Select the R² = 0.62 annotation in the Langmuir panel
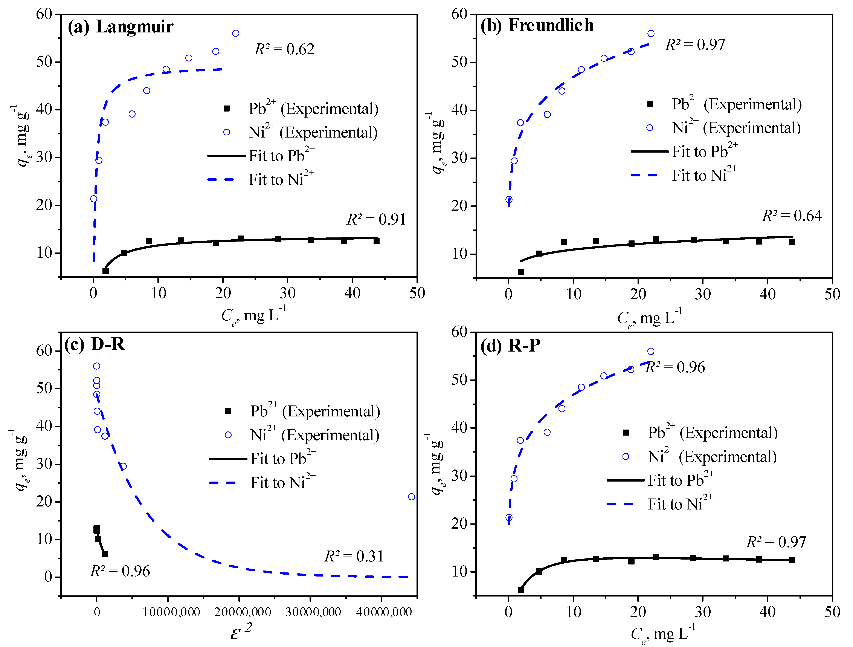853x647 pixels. click(284, 49)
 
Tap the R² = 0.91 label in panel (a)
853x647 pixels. click(376, 220)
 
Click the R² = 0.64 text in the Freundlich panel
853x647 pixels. click(792, 216)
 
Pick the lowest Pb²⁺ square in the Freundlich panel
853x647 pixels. click(521, 272)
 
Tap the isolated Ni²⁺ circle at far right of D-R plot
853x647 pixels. click(411, 497)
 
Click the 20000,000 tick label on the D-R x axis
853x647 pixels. click(243, 612)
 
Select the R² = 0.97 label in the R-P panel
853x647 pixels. click(776, 542)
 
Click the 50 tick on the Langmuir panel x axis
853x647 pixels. click(417, 294)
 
